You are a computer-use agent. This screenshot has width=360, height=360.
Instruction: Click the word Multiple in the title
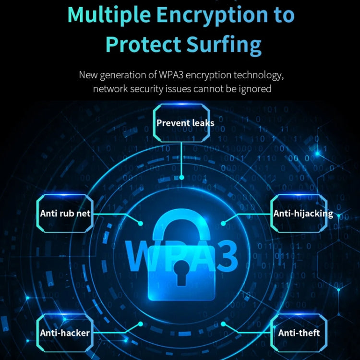click(109, 15)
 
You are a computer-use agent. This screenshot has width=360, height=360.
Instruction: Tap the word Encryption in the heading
click(213, 15)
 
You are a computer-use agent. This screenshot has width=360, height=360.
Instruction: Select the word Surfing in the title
click(224, 45)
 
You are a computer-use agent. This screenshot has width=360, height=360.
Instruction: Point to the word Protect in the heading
click(143, 44)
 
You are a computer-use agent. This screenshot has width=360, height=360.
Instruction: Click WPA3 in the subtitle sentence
click(171, 75)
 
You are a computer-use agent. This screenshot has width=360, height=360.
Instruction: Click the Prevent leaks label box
click(181, 123)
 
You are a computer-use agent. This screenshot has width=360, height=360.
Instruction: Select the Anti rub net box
click(65, 214)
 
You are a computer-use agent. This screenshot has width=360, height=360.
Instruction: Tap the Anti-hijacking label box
click(299, 214)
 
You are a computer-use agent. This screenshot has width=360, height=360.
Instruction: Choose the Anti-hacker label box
click(65, 333)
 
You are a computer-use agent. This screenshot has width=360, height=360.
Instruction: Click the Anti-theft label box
click(299, 333)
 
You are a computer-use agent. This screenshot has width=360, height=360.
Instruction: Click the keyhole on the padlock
click(181, 273)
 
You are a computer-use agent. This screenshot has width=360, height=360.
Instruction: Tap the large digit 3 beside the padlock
click(227, 256)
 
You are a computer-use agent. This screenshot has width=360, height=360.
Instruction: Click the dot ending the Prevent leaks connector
click(181, 178)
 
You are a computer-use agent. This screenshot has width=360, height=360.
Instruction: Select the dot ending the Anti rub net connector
click(141, 223)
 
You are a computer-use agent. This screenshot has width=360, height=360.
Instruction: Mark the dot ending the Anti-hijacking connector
click(223, 223)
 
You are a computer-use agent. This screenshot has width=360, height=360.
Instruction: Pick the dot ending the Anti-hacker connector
click(141, 324)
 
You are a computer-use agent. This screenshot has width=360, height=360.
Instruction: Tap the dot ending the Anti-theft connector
click(223, 324)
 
